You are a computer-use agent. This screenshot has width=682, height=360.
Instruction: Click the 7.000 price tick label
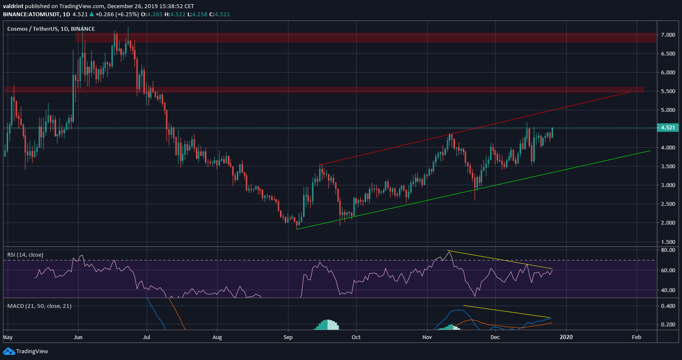pyautogui.click(x=668, y=35)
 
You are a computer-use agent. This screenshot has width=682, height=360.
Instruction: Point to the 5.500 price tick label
pyautogui.click(x=668, y=91)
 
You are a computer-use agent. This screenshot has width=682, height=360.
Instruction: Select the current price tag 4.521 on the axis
pyautogui.click(x=668, y=128)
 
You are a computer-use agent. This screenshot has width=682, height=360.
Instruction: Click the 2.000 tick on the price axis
pyautogui.click(x=668, y=223)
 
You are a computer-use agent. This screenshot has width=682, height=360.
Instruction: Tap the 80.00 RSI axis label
pyautogui.click(x=668, y=250)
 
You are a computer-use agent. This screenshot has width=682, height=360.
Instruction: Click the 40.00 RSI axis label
pyautogui.click(x=668, y=290)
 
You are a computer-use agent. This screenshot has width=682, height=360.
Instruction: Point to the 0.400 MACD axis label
pyautogui.click(x=668, y=306)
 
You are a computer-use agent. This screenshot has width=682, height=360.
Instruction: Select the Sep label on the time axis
pyautogui.click(x=288, y=337)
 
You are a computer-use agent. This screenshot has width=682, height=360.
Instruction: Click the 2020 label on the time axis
pyautogui.click(x=566, y=337)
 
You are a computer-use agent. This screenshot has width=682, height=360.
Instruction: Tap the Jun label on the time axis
pyautogui.click(x=78, y=337)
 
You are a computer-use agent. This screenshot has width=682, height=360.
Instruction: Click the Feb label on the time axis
pyautogui.click(x=636, y=337)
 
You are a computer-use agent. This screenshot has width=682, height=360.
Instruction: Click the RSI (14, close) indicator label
pyautogui.click(x=25, y=255)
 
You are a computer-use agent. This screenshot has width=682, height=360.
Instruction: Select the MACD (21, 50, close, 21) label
pyautogui.click(x=39, y=306)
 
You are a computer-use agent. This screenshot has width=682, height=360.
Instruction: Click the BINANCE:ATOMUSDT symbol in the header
pyautogui.click(x=31, y=15)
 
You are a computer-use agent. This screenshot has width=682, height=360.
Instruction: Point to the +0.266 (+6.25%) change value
pyautogui.click(x=117, y=15)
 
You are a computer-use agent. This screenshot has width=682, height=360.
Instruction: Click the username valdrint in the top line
pyautogui.click(x=13, y=6)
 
